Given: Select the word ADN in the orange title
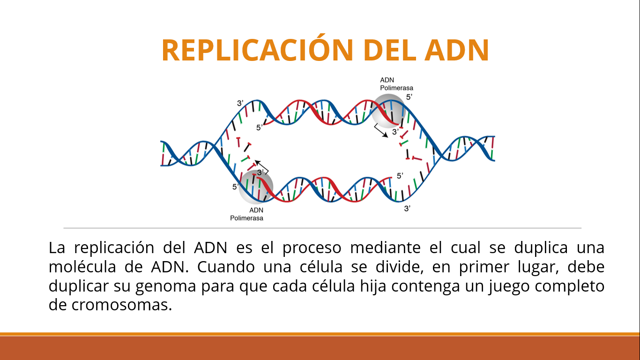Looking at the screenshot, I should (x=457, y=50).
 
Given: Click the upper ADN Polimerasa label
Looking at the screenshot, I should (x=396, y=84).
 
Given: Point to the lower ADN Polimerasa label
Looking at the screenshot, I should (x=247, y=214).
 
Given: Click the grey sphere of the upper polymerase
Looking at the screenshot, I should (x=389, y=111).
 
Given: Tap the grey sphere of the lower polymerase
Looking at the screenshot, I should (x=255, y=186).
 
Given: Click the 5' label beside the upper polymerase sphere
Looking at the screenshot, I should (x=409, y=97).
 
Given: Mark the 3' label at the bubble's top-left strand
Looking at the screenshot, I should (x=240, y=103).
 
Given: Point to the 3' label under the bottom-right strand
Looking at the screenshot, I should (x=407, y=209).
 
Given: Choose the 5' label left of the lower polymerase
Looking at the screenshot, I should (x=235, y=187).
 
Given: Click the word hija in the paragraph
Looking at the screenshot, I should (x=373, y=286).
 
